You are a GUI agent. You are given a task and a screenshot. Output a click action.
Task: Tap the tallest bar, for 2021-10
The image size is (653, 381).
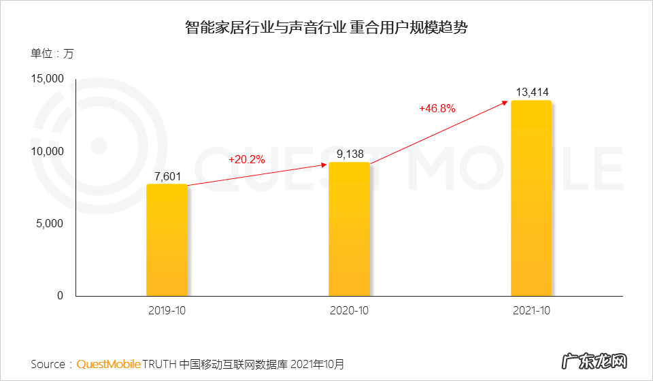531,198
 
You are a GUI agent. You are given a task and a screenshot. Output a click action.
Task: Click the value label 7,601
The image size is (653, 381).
167,177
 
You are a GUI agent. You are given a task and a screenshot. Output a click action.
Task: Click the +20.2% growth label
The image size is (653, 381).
246,160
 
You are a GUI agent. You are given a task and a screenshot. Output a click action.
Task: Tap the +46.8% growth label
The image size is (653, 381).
437,109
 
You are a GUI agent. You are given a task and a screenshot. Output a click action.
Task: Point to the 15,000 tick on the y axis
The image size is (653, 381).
47,80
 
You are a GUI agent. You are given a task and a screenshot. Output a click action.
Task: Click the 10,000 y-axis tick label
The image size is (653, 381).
47,151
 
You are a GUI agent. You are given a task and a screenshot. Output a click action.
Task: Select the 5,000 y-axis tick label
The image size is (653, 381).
50,223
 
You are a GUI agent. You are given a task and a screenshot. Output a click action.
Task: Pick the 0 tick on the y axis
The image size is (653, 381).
60,295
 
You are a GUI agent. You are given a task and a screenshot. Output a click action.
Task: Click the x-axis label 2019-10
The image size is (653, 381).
167,310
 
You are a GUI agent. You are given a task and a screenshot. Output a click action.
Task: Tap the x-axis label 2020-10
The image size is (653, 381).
349,310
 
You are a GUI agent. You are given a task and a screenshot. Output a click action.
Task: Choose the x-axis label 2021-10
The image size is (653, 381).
531,310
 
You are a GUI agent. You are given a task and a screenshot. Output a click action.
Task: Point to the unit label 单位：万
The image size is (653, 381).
52,54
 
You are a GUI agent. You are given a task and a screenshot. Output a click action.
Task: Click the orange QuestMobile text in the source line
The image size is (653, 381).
108,364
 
